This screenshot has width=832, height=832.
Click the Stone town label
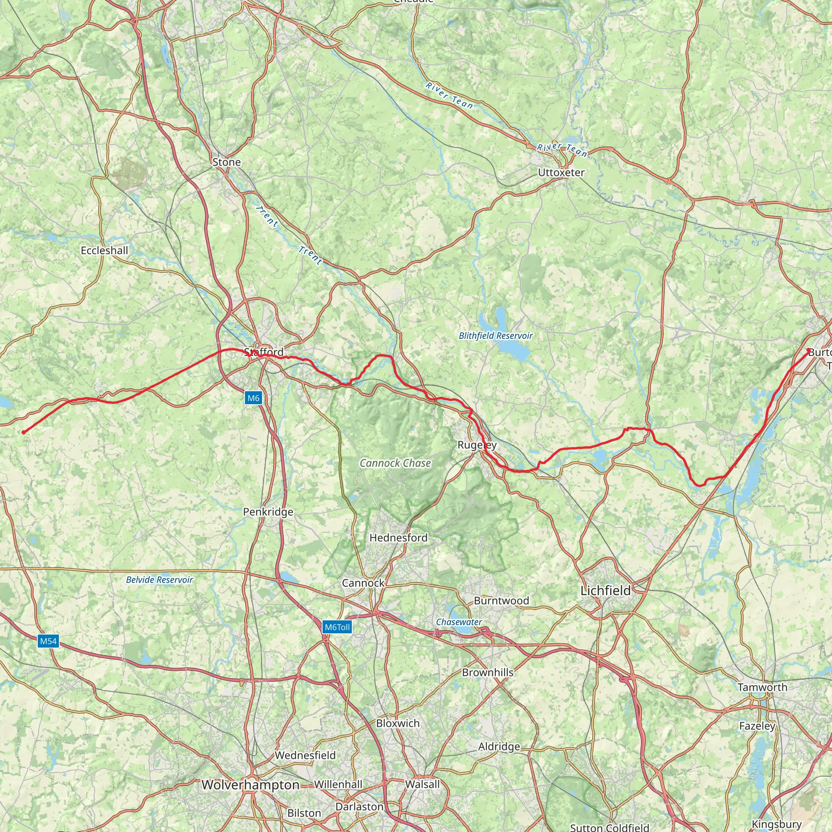[227, 162]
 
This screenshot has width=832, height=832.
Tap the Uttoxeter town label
[561, 173]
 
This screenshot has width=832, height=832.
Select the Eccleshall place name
[104, 251]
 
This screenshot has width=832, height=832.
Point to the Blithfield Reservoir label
[496, 336]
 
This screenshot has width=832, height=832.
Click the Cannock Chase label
[395, 464]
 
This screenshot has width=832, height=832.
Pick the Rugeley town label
[477, 445]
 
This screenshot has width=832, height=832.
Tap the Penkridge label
[268, 512]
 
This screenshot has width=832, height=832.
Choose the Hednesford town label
[399, 538]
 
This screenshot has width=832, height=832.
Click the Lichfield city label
[605, 591]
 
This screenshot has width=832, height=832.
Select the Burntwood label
[501, 601]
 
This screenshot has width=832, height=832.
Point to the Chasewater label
[459, 622]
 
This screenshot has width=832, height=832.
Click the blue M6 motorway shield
[253, 398]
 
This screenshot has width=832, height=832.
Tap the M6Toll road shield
[337, 627]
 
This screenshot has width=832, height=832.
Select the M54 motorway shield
[48, 641]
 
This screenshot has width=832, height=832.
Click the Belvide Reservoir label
[159, 580]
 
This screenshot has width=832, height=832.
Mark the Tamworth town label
[762, 687]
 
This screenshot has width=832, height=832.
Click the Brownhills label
[487, 672]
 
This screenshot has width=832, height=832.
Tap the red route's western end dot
[24, 432]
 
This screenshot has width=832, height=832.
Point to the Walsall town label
[422, 784]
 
